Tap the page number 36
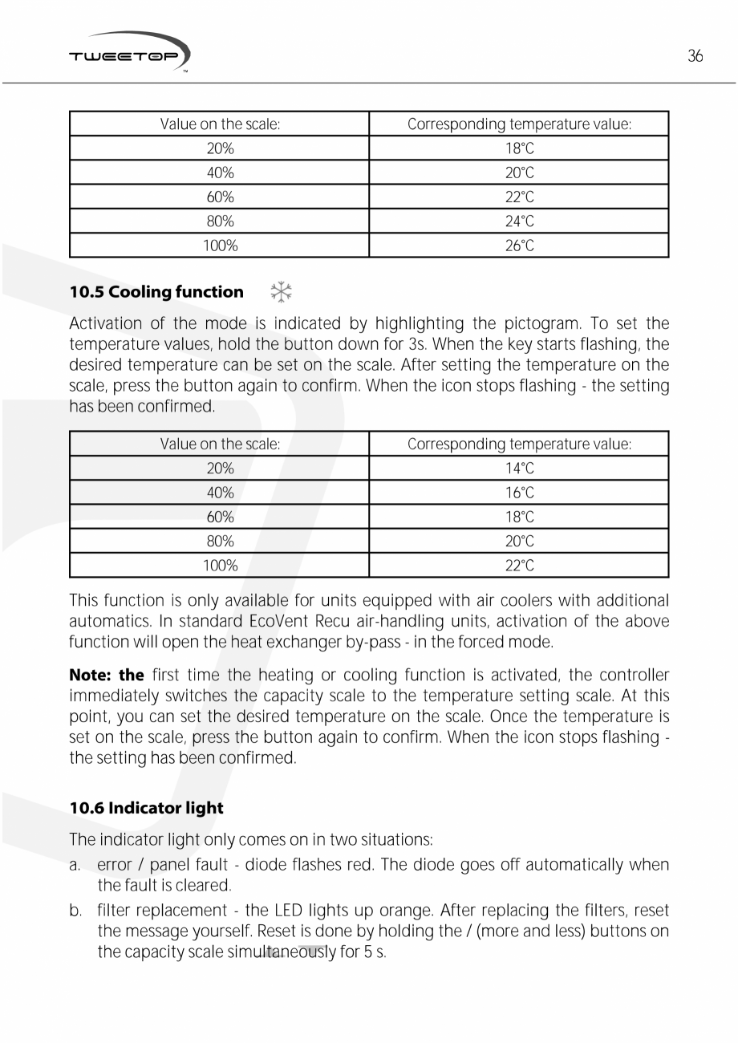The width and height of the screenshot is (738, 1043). (695, 56)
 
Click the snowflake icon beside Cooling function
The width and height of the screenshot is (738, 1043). (281, 292)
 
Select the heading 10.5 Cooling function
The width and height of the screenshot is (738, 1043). (156, 292)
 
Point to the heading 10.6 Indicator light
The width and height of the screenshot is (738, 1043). (146, 808)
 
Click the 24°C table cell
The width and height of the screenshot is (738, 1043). (519, 221)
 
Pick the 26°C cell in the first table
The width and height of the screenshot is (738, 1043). (519, 246)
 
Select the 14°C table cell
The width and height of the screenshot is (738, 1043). (519, 469)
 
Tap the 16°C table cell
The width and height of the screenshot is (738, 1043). (519, 493)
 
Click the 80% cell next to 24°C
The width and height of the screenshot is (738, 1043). (220, 221)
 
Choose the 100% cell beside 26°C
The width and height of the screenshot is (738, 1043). (220, 246)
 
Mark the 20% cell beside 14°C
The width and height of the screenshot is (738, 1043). (220, 469)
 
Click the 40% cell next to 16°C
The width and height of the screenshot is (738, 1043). (220, 493)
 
